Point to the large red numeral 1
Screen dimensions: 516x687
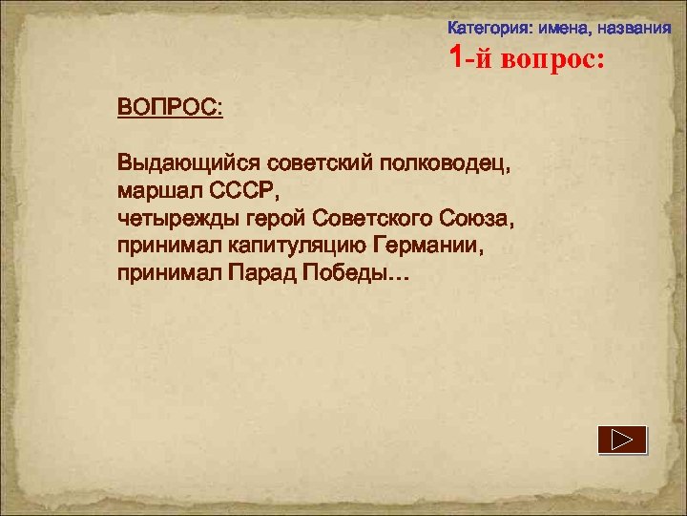coord(458,58)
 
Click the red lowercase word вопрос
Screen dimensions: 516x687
coord(548,60)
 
